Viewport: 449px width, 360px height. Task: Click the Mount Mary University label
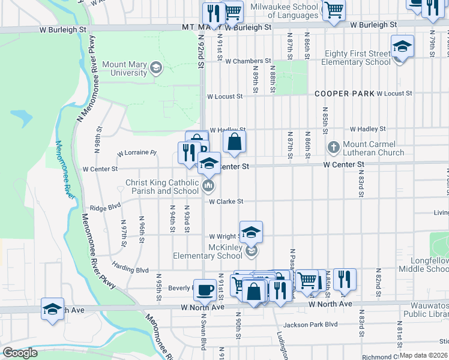[125, 69]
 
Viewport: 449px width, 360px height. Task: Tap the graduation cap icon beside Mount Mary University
[157, 67]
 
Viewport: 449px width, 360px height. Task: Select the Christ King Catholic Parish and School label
[161, 187]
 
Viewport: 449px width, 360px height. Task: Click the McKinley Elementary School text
[208, 251]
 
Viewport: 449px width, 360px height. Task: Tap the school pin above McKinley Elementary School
[252, 232]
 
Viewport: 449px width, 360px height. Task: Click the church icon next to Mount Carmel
[333, 147]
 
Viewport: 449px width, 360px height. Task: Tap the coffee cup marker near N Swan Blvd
[205, 290]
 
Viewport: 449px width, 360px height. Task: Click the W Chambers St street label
[239, 61]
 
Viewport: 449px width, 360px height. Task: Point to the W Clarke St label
[226, 202]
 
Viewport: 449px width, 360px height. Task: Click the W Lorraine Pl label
[136, 153]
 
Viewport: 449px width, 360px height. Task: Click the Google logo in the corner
[20, 353]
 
